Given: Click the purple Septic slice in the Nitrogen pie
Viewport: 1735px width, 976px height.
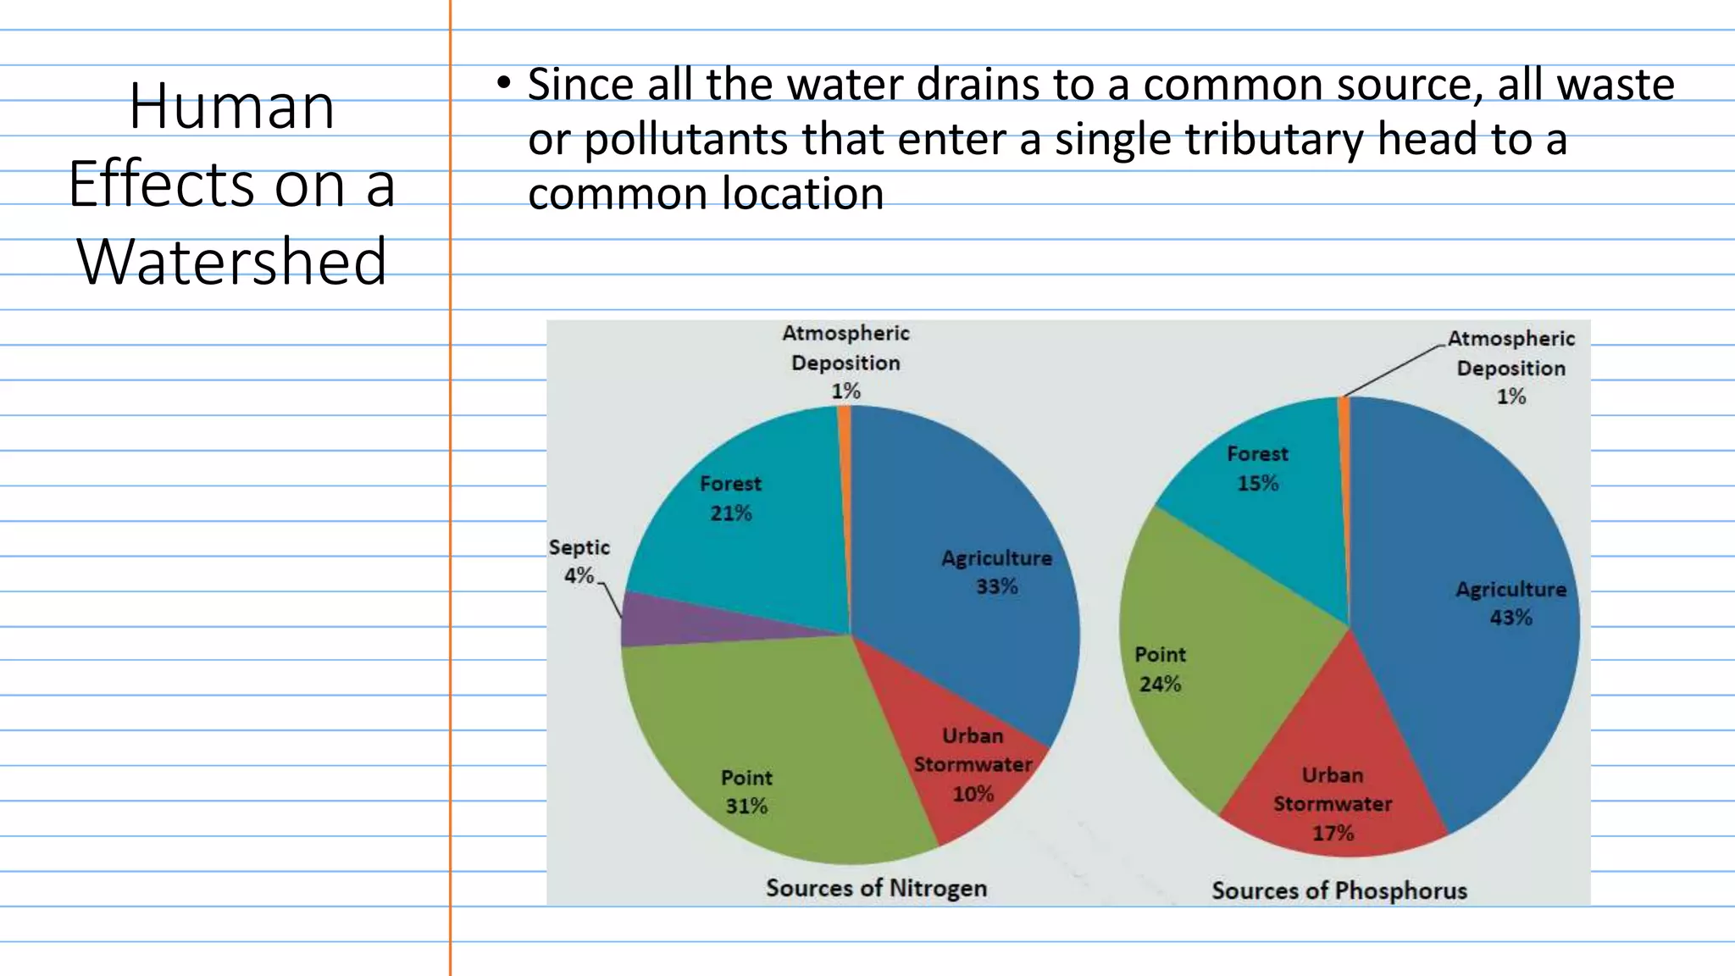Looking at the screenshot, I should [678, 621].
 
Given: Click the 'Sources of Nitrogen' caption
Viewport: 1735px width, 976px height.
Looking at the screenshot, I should [876, 888].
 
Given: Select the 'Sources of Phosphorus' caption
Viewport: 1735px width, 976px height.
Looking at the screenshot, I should [1339, 890].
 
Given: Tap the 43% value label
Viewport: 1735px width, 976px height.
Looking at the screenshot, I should [1511, 618].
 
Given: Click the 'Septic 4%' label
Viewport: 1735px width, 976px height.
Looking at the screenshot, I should [579, 562].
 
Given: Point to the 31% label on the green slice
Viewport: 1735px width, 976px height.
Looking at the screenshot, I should [746, 806].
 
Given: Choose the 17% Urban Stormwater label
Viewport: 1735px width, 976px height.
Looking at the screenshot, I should [1333, 833].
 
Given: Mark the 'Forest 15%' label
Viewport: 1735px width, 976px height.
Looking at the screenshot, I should [1257, 469].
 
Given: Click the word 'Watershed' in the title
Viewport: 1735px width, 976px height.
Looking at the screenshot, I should [232, 262].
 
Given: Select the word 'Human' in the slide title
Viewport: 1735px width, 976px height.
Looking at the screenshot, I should [232, 108].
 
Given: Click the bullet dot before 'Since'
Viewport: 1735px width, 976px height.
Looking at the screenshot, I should [504, 83].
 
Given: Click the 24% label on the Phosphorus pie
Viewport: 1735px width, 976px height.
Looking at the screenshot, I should [1160, 684].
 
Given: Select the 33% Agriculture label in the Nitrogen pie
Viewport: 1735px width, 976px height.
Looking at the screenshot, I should [996, 586].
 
